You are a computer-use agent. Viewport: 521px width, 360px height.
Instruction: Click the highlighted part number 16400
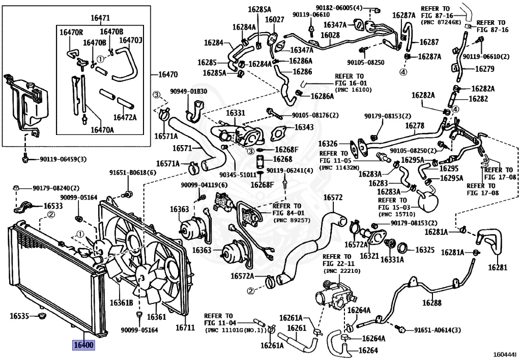83,345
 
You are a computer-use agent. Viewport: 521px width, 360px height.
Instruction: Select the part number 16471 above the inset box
100,18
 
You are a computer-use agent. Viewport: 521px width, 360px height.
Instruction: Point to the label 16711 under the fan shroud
185,328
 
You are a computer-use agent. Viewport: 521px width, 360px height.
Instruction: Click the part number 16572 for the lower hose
333,198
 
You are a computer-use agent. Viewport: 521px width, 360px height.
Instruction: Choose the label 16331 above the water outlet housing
236,113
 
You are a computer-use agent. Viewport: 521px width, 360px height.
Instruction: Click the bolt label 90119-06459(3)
63,159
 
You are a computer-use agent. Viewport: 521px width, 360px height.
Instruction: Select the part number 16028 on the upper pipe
330,35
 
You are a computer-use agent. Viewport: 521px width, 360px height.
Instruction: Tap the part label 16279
485,69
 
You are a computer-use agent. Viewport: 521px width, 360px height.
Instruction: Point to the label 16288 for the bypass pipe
432,302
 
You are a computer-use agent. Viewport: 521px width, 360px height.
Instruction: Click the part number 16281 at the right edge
498,267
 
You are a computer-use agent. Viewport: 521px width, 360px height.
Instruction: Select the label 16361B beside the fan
121,303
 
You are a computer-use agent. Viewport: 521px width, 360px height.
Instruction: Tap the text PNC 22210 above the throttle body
342,271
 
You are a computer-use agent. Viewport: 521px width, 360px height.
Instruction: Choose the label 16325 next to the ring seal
425,250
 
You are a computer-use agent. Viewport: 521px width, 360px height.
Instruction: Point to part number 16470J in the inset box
131,40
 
